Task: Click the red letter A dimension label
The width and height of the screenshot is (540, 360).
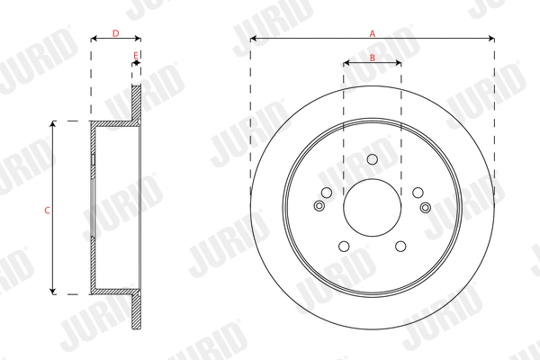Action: pyautogui.click(x=373, y=32)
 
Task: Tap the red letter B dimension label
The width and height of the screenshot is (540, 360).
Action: pyautogui.click(x=373, y=58)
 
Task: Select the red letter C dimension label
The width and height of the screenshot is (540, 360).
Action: pyautogui.click(x=47, y=209)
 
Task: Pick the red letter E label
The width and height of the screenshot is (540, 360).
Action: pyautogui.click(x=135, y=55)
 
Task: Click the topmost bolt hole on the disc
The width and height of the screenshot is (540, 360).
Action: pyautogui.click(x=373, y=159)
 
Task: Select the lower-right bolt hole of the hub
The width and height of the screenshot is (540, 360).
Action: pyautogui.click(x=400, y=247)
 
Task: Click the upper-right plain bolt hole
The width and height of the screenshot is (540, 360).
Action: pyautogui.click(x=418, y=193)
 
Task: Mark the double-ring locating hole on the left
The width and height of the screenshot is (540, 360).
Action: pyautogui.click(x=319, y=207)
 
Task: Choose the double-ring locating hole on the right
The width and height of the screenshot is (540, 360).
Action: pyautogui.click(x=426, y=209)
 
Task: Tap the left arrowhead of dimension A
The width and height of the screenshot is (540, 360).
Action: pyautogui.click(x=253, y=39)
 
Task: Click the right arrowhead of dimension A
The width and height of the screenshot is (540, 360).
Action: pyautogui.click(x=491, y=39)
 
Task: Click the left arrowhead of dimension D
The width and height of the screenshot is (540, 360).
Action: pyautogui.click(x=94, y=39)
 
